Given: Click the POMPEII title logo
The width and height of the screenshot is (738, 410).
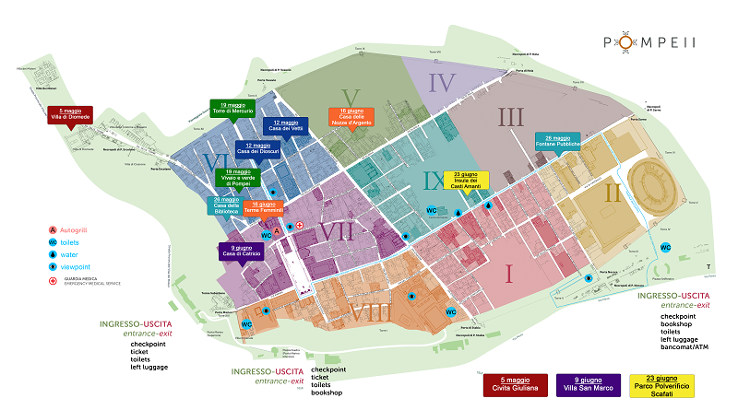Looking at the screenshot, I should [x=649, y=41].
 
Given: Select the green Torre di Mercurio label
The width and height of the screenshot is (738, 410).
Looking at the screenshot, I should [x=232, y=107].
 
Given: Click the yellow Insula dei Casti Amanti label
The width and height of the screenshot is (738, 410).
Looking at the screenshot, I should [x=466, y=181].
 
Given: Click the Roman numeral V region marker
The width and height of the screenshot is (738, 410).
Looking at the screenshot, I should [x=349, y=96].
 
